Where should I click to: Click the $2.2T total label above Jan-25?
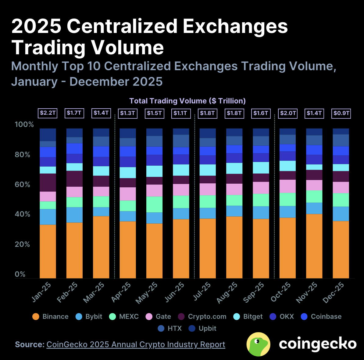point(48,113)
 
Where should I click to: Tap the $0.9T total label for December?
point(341,113)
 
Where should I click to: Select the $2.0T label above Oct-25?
point(288,113)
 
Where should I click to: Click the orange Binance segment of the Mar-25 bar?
point(101,247)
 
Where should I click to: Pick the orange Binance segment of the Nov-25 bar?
point(314,246)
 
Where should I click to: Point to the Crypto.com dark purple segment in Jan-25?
point(48,182)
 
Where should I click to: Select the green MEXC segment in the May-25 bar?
point(155,204)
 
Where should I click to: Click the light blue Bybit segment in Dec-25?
point(341,214)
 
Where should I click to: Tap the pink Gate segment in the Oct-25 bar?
point(288,186)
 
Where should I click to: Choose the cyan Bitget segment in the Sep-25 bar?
point(261,168)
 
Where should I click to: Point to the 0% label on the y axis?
point(20,274)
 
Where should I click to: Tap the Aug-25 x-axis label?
point(227,293)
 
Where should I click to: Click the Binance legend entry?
point(50,317)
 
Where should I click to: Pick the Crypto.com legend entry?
point(202,317)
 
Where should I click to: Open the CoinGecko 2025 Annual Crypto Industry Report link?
point(136,344)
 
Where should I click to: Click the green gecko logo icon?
point(258,344)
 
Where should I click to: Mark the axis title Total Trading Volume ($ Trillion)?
point(187,101)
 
